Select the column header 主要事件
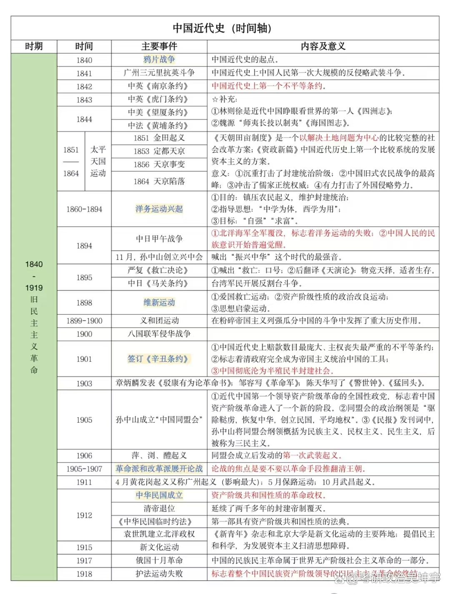pyautogui.click(x=159, y=46)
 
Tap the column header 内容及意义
pyautogui.click(x=323, y=46)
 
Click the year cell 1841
pyautogui.click(x=84, y=73)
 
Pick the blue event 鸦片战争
pyautogui.click(x=159, y=60)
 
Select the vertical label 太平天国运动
pyautogui.click(x=98, y=161)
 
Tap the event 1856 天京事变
pyautogui.click(x=159, y=165)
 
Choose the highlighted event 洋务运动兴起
pyautogui.click(x=159, y=209)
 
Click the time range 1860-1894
pyautogui.click(x=84, y=209)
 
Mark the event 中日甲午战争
pyautogui.click(x=159, y=239)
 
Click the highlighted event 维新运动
pyautogui.click(x=159, y=303)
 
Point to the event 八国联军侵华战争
pyautogui.click(x=159, y=334)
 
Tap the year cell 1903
pyautogui.click(x=84, y=383)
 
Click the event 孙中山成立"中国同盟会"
pyautogui.click(x=159, y=420)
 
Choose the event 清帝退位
pyautogui.click(x=159, y=509)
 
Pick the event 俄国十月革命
pyautogui.click(x=159, y=561)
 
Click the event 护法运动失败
pyautogui.click(x=159, y=574)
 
